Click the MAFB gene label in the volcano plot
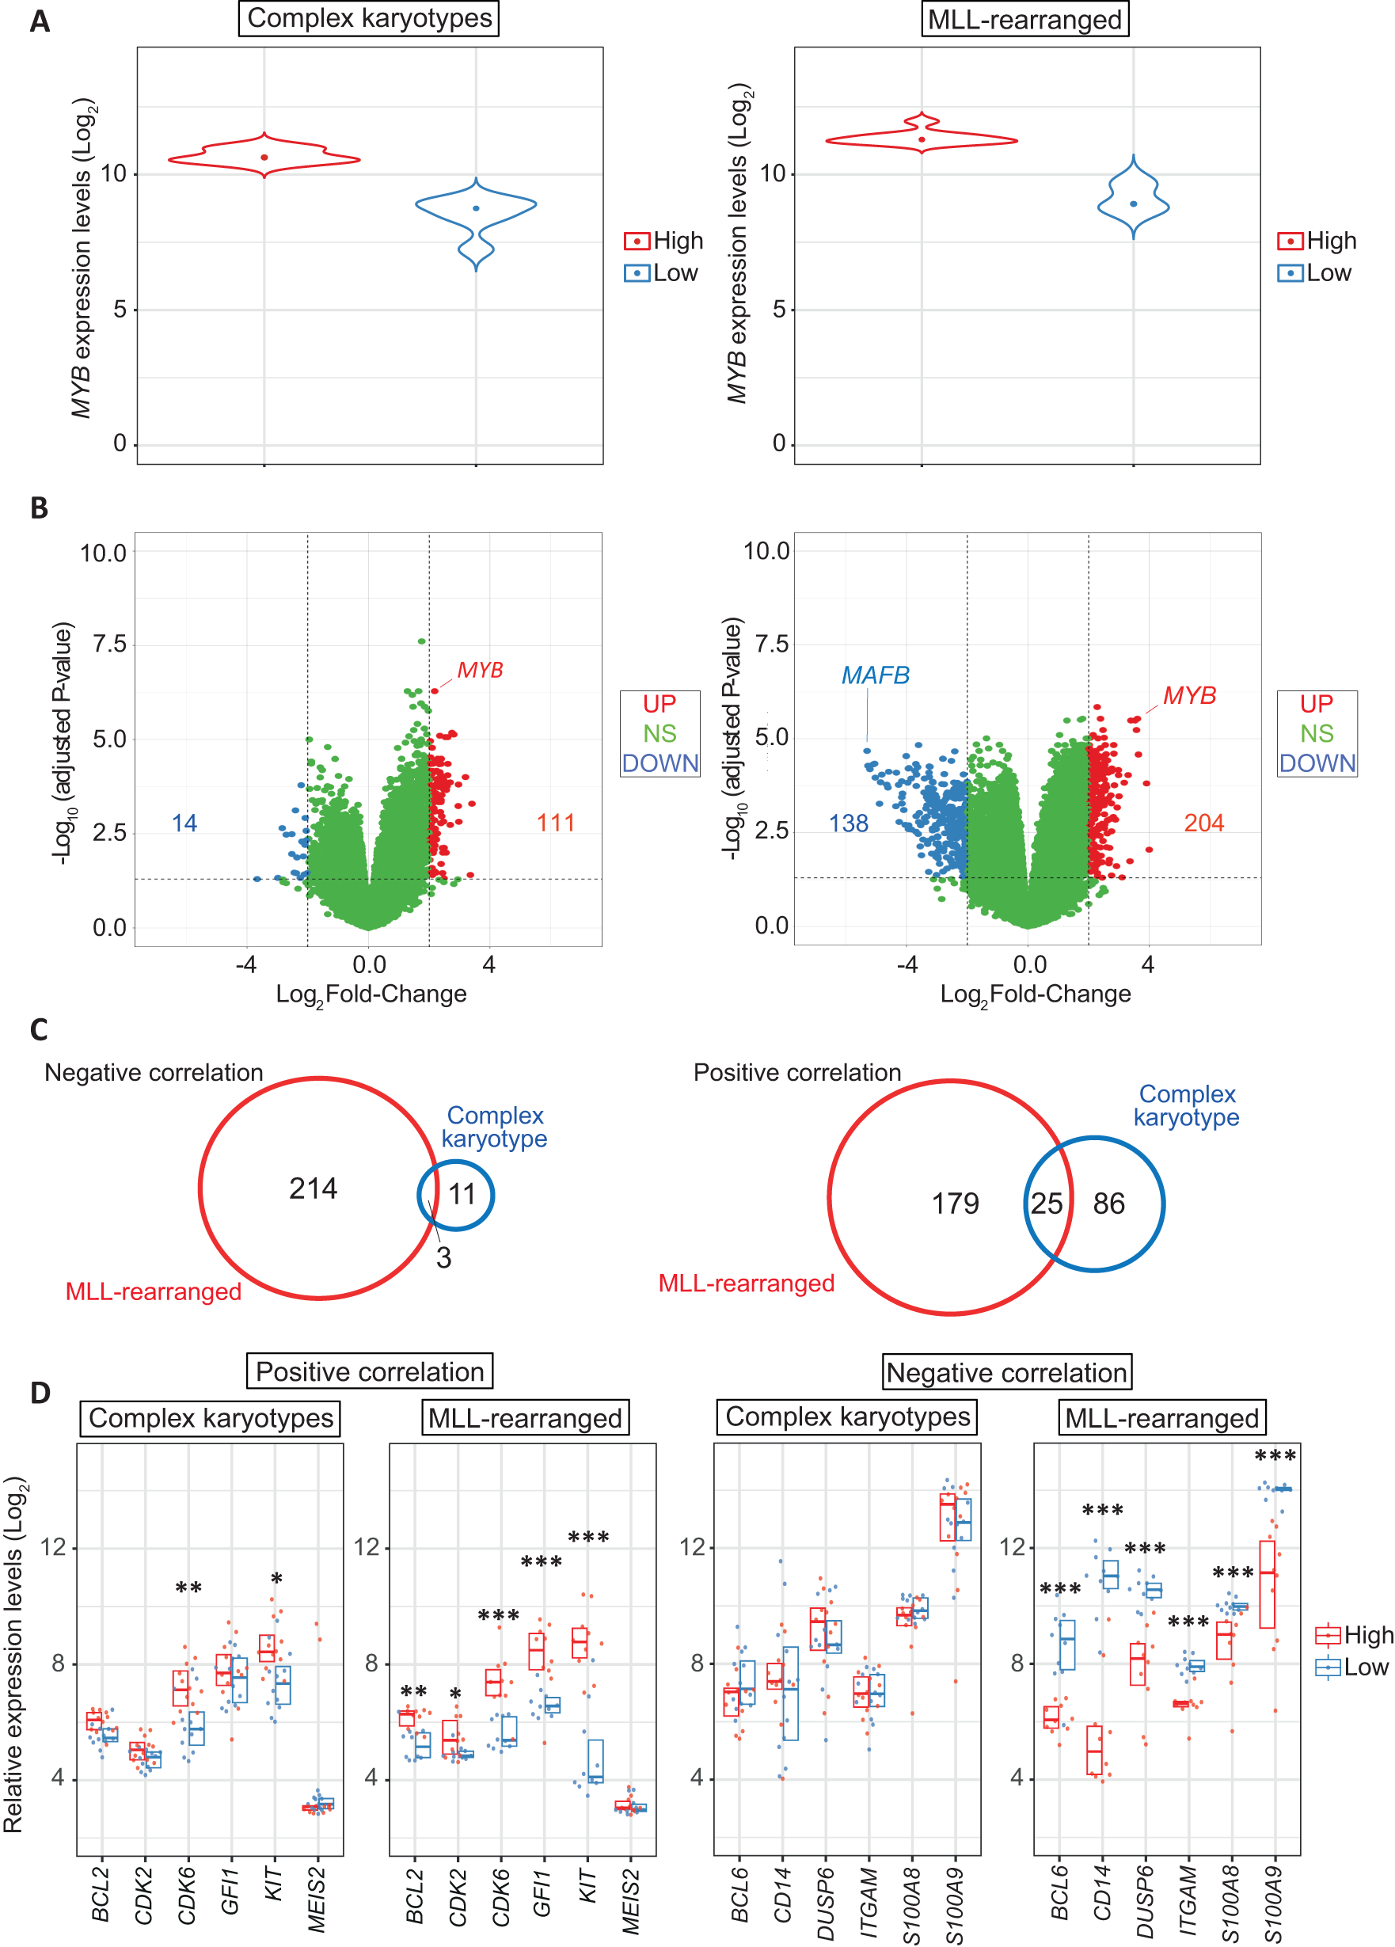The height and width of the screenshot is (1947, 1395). click(x=874, y=675)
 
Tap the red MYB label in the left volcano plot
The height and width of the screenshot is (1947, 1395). click(x=479, y=670)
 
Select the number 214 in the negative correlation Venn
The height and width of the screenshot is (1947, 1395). click(x=313, y=1188)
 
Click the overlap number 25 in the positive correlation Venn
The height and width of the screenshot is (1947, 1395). click(x=1046, y=1204)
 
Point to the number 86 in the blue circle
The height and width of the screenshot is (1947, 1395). click(x=1108, y=1204)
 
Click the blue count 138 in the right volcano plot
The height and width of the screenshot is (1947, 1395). click(x=847, y=823)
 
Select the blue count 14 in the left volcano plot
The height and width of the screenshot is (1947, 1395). click(x=184, y=823)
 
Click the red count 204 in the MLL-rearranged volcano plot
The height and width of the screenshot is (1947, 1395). click(x=1203, y=823)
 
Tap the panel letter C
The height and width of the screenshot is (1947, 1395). click(x=39, y=1029)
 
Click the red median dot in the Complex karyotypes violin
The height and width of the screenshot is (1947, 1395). click(x=264, y=157)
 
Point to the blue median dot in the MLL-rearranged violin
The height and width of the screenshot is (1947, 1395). click(x=1133, y=203)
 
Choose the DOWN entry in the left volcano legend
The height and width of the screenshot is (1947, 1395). click(x=659, y=763)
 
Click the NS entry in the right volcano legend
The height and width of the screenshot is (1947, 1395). click(x=1316, y=733)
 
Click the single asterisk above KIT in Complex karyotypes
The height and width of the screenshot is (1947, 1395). click(x=276, y=1578)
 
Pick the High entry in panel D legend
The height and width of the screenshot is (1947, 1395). click(x=1367, y=1634)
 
